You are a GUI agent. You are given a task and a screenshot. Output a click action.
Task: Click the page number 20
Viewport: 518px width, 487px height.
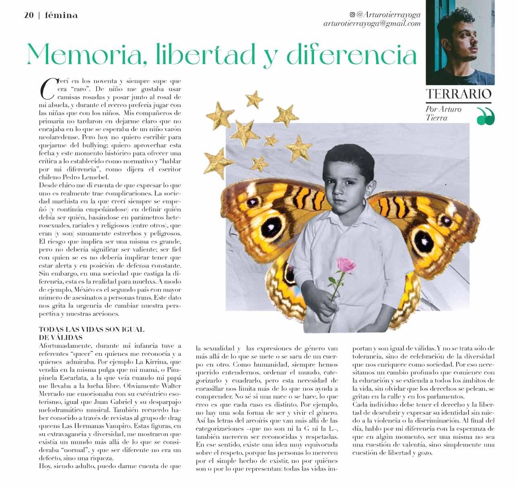[x=29, y=16]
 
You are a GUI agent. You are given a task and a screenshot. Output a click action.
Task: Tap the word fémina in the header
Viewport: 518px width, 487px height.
[x=61, y=16]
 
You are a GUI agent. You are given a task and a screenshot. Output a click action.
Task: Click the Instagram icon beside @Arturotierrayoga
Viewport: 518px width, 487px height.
[x=352, y=15]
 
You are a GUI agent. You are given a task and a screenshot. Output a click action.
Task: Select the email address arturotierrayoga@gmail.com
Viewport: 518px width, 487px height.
[x=372, y=24]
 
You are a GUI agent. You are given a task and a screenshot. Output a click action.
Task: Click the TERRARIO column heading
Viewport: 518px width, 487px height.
[x=459, y=94]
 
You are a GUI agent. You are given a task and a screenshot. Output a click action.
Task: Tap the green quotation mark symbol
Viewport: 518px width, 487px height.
[x=485, y=117]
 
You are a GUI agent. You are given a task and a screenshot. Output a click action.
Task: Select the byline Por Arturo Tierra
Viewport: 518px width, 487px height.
[x=443, y=113]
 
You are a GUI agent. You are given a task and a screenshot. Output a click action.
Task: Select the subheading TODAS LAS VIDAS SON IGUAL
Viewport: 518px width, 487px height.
[x=91, y=329]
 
